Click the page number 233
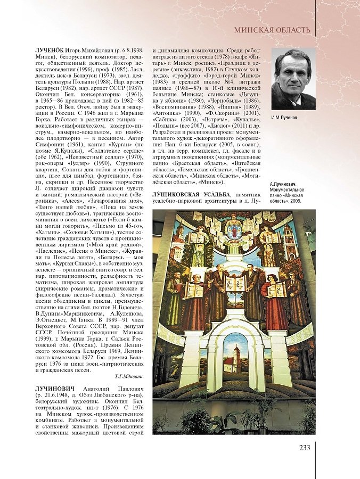pyautogui.click(x=304, y=447)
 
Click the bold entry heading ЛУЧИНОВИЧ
pyautogui.click(x=55, y=389)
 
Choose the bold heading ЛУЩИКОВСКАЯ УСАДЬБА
pyautogui.click(x=194, y=192)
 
